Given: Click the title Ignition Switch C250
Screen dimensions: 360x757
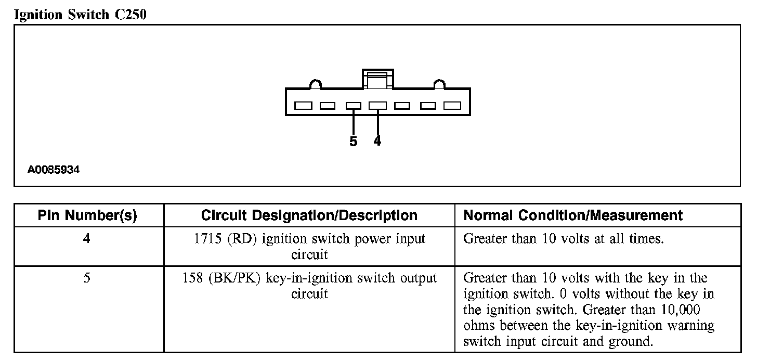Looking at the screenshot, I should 80,15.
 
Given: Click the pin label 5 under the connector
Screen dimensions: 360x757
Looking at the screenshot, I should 354,142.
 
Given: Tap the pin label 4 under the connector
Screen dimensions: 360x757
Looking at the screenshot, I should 377,141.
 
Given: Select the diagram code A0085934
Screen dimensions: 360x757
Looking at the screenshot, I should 54,170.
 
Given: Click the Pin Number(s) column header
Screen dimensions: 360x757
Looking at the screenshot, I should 87,215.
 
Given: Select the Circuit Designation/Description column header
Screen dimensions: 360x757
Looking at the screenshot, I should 309,215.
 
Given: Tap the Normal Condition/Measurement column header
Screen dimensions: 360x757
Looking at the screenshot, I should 573,215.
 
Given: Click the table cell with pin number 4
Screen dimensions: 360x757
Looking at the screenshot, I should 87,239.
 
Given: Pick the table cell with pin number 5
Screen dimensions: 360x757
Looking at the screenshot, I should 87,278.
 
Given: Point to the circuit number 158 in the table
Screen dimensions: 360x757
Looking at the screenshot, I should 193,278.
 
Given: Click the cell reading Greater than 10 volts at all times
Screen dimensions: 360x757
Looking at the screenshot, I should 564,239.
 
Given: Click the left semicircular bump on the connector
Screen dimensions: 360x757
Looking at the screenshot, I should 316,84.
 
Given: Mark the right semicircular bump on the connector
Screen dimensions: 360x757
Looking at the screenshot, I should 439,84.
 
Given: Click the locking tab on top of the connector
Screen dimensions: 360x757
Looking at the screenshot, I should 378,79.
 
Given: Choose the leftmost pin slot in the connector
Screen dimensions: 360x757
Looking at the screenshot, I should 303,106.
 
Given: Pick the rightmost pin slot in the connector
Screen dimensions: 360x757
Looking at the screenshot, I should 452,106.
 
